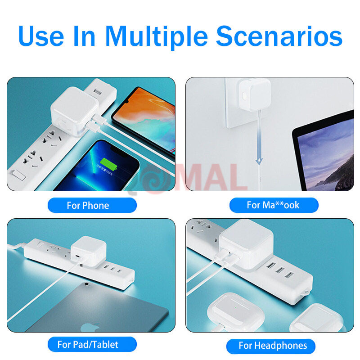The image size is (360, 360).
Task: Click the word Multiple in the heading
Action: coord(157,37)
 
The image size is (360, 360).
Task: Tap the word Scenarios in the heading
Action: coord(279,36)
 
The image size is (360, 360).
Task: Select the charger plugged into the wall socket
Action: coord(254,94)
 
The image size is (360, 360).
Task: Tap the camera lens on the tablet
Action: coord(86,284)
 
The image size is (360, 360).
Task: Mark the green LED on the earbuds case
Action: coord(235,307)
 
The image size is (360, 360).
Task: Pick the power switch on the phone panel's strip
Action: coord(19,175)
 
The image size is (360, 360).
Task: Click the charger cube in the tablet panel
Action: coord(88,252)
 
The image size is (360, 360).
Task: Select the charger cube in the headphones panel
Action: coord(246,244)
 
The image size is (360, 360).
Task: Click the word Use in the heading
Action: coord(41,36)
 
